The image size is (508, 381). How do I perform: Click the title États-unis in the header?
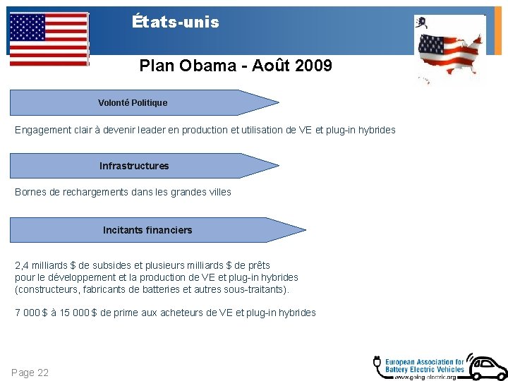point(176,22)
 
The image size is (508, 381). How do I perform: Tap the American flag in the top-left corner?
point(49,39)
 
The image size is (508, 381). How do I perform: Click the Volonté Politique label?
point(133,103)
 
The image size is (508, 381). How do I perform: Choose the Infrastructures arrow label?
point(134,167)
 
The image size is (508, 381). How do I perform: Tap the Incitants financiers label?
point(147,230)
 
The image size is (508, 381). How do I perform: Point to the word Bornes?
point(30,192)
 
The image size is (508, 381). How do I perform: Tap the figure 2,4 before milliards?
point(22,265)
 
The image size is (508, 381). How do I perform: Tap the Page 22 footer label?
point(30,373)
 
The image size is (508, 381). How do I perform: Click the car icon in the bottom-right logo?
point(486,366)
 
